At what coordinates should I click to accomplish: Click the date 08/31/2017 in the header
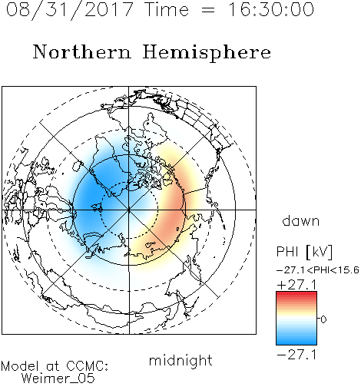(x=69, y=10)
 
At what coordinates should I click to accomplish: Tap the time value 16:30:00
(x=271, y=10)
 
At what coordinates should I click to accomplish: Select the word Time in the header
(x=167, y=10)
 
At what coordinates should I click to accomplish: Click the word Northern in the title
(x=82, y=51)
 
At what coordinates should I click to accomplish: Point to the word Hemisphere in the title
(x=207, y=53)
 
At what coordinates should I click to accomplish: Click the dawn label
(x=301, y=220)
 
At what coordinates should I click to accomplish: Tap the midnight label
(x=180, y=360)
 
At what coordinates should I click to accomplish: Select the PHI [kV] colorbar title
(x=304, y=252)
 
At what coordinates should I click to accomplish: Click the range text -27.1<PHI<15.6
(x=318, y=270)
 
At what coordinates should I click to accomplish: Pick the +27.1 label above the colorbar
(x=296, y=285)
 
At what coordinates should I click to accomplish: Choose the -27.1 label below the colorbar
(x=296, y=355)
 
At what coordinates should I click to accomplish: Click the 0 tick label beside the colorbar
(x=323, y=319)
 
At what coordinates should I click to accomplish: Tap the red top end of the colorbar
(x=296, y=293)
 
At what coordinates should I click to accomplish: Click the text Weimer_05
(x=58, y=378)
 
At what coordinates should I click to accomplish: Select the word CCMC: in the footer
(x=88, y=366)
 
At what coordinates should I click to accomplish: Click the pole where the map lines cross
(x=129, y=210)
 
